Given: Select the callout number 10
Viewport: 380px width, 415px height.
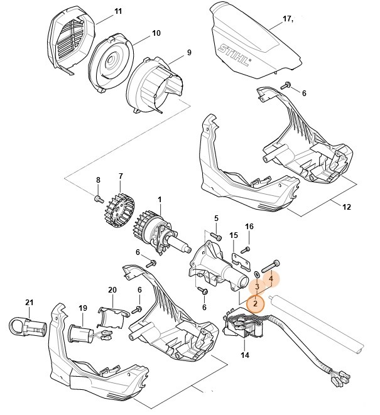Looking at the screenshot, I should coord(156,33).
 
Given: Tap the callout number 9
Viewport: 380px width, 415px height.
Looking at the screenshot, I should coord(188,53).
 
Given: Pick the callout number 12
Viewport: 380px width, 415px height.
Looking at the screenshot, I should coord(346,207).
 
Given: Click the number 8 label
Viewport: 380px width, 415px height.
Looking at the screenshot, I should coord(98,181).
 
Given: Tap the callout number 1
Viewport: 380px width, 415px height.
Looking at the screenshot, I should coord(160,200).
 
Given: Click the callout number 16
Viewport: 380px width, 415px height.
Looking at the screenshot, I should coord(249,226).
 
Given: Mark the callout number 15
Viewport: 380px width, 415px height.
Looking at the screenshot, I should coord(234,235).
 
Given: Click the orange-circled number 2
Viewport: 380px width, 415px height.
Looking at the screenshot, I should coord(256,303).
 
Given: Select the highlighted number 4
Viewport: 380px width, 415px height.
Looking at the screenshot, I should coord(271,277).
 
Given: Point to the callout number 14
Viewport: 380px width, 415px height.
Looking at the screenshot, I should coord(244,355).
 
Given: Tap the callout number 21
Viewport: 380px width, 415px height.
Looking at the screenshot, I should coord(28,303).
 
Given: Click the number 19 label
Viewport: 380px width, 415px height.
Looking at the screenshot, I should coord(82,308).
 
